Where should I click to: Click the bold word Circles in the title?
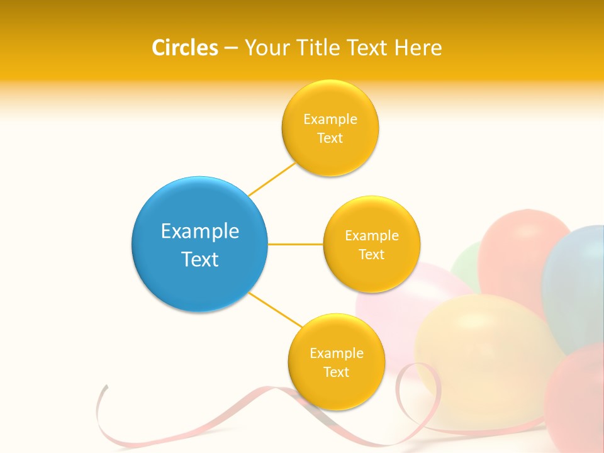tap(185, 48)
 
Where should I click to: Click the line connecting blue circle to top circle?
tap(272, 179)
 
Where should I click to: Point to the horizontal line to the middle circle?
tap(296, 244)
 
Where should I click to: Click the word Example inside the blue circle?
tap(200, 232)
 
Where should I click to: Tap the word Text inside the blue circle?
tap(200, 259)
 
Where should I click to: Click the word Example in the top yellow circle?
tap(330, 120)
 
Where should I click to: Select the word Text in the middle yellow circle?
tap(372, 255)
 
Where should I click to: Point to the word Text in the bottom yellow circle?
tap(336, 372)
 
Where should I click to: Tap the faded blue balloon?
tap(576, 283)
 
